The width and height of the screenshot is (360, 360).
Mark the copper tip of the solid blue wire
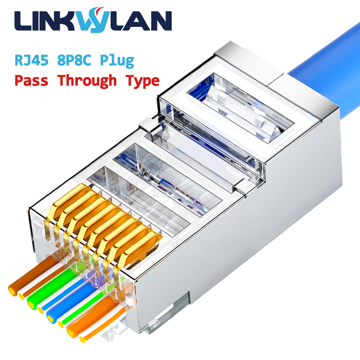click(50, 319)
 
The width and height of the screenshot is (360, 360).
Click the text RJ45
click(31, 60)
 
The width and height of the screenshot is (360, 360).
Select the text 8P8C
click(74, 60)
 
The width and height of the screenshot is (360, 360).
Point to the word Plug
click(117, 61)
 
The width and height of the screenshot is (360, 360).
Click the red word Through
click(87, 81)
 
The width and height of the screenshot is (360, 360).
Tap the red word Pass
click(31, 81)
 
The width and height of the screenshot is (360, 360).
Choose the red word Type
click(143, 81)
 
